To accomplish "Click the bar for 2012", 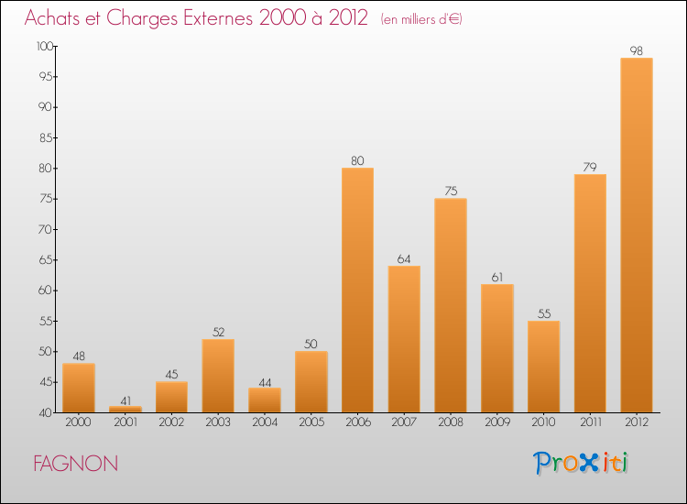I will click(637, 236).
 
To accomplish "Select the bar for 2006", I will click(357, 290).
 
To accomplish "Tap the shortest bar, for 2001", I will click(125, 410).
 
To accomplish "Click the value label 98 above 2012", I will click(637, 51).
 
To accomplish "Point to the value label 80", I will click(357, 161).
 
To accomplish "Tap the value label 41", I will click(125, 400).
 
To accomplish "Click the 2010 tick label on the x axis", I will click(543, 422).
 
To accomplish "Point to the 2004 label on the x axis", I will click(265, 422).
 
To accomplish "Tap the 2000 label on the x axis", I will click(78, 422).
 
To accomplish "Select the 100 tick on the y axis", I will click(43, 46).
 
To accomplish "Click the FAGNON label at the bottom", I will click(75, 464).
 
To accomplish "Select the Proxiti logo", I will click(582, 463).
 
